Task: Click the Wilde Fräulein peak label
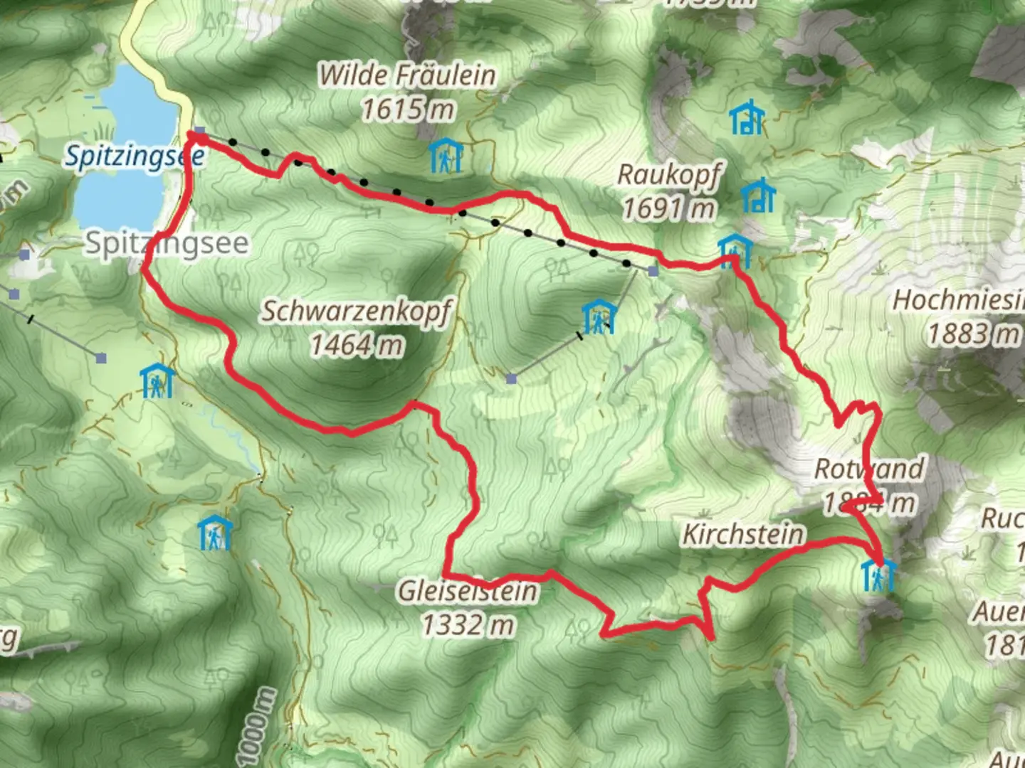pos(406,75)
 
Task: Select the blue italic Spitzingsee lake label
pos(134,156)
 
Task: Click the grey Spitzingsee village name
pos(167,244)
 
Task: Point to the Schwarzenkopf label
pos(356,311)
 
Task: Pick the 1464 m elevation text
pos(357,346)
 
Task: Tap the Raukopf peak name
pos(668,174)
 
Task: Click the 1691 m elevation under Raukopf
pos(668,209)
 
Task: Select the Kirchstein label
pos(743,534)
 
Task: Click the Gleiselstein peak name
pos(468,591)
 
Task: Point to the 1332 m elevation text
pos(468,625)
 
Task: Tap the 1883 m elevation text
pos(972,334)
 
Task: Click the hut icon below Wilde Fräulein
pos(446,156)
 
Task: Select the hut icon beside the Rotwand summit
pos(878,575)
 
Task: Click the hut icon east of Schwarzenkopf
pos(599,317)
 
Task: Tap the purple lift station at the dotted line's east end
pos(653,271)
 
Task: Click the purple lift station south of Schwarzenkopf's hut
pos(511,379)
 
